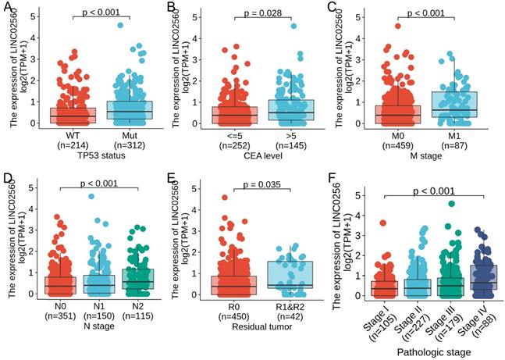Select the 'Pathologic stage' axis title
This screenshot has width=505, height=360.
click(428, 352)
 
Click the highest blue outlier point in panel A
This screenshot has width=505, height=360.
click(120, 26)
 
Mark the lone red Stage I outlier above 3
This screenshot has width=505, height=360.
click(383, 223)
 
